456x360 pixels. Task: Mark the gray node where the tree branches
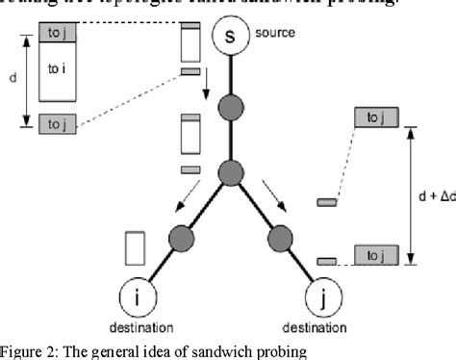[x=230, y=174]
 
